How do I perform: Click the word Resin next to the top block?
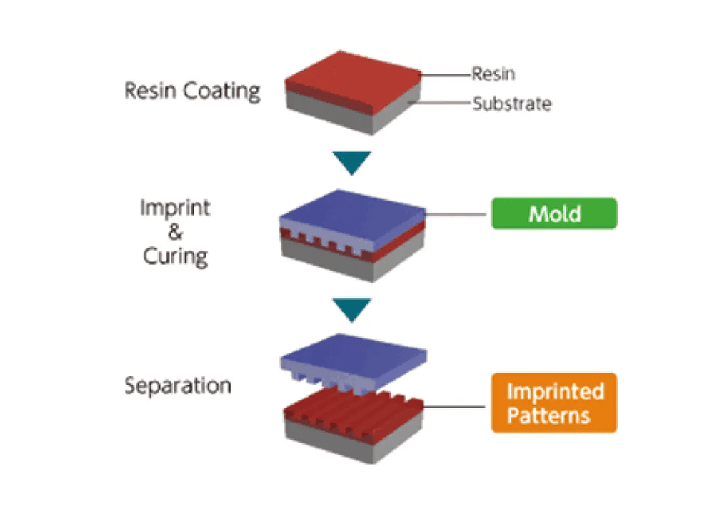493,74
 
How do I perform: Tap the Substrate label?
511,104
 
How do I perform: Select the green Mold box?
553,213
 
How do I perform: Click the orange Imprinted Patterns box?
553,403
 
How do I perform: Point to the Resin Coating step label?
192,91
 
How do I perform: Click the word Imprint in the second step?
175,208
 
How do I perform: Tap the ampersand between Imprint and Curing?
175,233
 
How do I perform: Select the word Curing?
175,256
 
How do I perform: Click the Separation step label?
178,385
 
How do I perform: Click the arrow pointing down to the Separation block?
353,310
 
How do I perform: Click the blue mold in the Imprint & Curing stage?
353,207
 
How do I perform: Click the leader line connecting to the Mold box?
457,214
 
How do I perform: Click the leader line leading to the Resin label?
446,74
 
